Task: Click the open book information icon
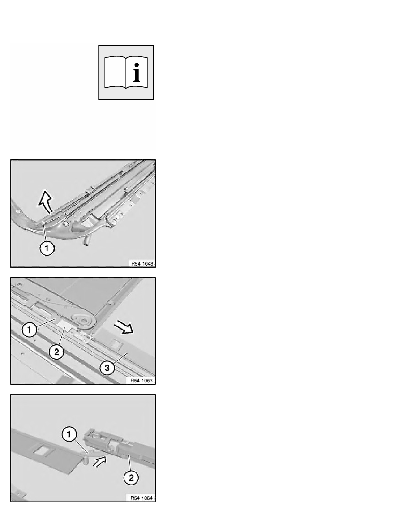click(x=126, y=72)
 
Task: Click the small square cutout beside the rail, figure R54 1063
click(x=115, y=343)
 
